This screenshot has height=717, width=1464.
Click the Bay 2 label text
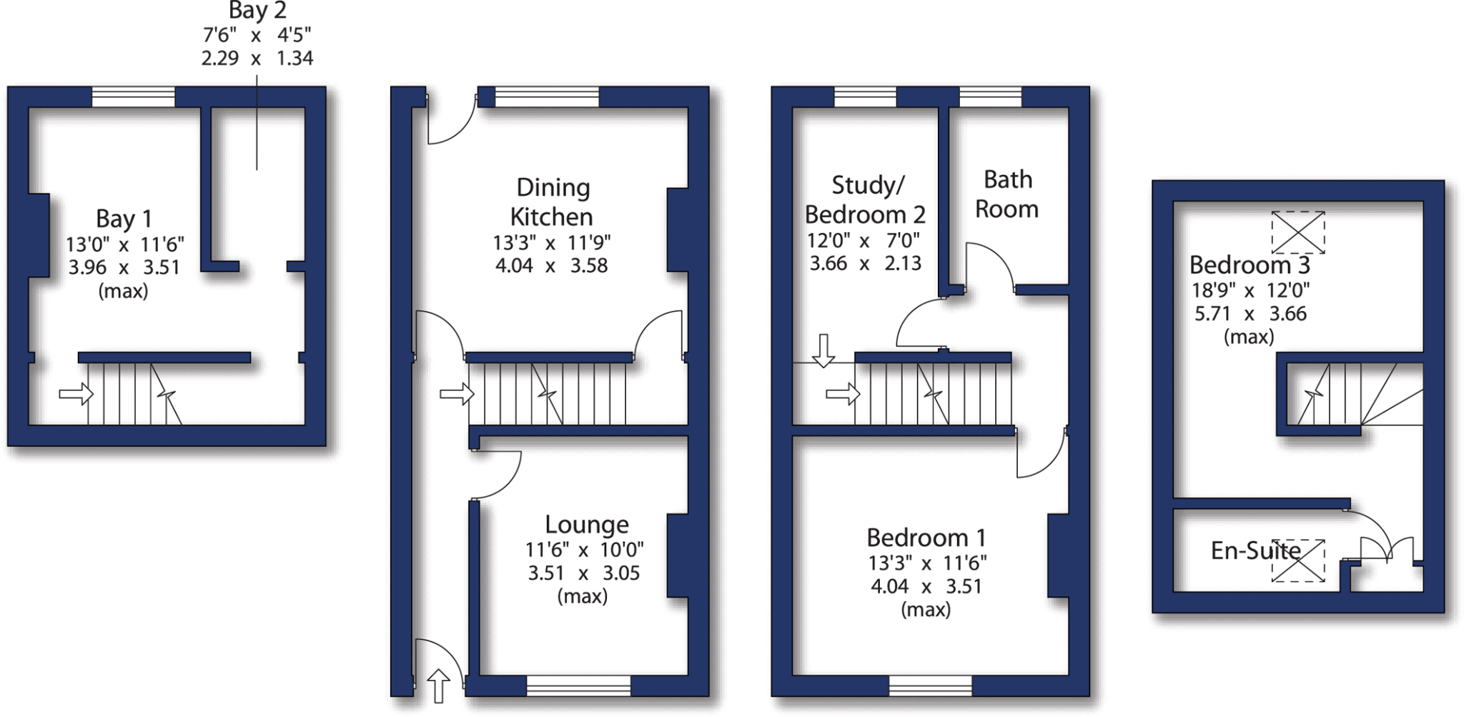pyautogui.click(x=257, y=11)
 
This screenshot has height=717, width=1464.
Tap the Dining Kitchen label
pyautogui.click(x=552, y=202)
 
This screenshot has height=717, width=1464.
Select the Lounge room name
pyautogui.click(x=586, y=525)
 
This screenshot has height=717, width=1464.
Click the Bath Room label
pyautogui.click(x=1006, y=194)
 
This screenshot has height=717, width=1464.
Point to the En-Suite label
pyautogui.click(x=1255, y=550)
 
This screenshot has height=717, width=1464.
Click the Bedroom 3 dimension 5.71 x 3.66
pyautogui.click(x=1250, y=314)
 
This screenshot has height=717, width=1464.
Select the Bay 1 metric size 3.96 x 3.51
pyautogui.click(x=124, y=267)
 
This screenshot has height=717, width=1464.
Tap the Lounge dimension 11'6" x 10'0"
pyautogui.click(x=584, y=550)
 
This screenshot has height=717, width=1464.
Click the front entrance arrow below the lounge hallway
pyautogui.click(x=438, y=686)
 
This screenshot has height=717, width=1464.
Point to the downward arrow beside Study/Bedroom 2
pyautogui.click(x=823, y=350)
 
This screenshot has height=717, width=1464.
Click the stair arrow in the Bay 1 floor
pyautogui.click(x=76, y=393)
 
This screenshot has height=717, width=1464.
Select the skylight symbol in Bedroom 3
pyautogui.click(x=1297, y=232)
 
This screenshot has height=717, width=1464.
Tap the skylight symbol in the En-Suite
pyautogui.click(x=1297, y=560)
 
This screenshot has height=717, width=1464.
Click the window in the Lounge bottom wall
pyautogui.click(x=578, y=686)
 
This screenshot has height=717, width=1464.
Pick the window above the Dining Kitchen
pyautogui.click(x=547, y=97)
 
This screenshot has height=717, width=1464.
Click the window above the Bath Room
pyautogui.click(x=990, y=97)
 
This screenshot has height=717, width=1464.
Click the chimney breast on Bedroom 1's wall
pyautogui.click(x=1057, y=555)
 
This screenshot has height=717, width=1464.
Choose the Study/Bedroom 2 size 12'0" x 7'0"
pyautogui.click(x=864, y=241)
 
